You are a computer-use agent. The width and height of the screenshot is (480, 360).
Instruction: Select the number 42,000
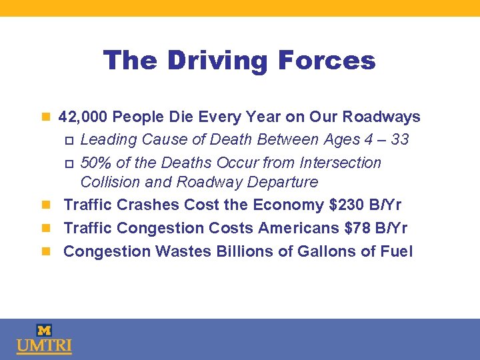pyautogui.click(x=83, y=117)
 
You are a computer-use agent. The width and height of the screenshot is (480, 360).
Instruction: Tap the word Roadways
pyautogui.click(x=381, y=117)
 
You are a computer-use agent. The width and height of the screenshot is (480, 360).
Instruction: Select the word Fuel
pyautogui.click(x=397, y=251)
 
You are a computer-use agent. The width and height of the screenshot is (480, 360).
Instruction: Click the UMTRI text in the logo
pyautogui.click(x=44, y=347)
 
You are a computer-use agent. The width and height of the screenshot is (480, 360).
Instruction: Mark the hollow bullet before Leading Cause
pyautogui.click(x=68, y=141)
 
